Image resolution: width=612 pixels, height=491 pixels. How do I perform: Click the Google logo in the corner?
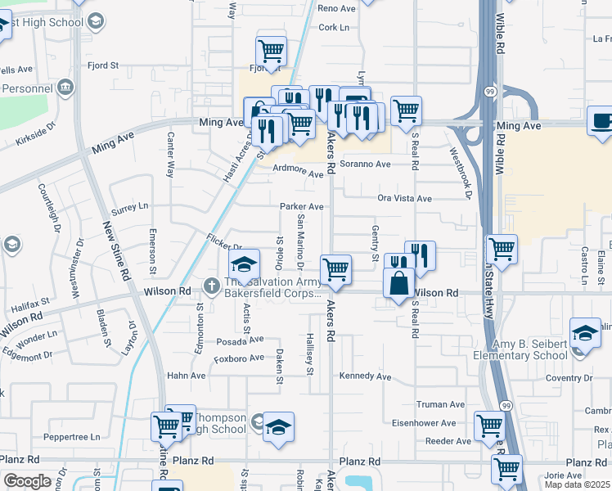pyautogui.click(x=28, y=481)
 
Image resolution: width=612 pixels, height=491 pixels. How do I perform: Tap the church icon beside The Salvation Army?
pyautogui.click(x=212, y=286)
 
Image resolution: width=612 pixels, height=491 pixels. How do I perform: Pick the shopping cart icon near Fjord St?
pyautogui.click(x=272, y=51)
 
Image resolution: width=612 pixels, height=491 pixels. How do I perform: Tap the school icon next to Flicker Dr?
pyautogui.click(x=243, y=265)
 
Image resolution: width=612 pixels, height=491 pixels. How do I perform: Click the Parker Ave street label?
pyautogui.click(x=302, y=206)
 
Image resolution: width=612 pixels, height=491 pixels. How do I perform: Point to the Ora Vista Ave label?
pyautogui.click(x=404, y=198)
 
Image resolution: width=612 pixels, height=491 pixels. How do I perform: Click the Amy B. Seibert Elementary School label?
pyautogui.click(x=520, y=349)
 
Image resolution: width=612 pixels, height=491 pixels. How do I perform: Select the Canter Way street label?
pyautogui.click(x=170, y=155)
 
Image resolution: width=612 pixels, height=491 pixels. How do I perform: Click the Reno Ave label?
pyautogui.click(x=337, y=8)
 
